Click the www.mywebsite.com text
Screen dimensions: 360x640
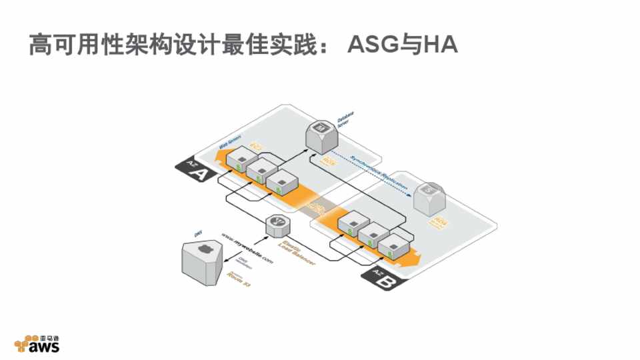point(247,247)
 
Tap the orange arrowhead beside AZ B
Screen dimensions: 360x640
point(422,258)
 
